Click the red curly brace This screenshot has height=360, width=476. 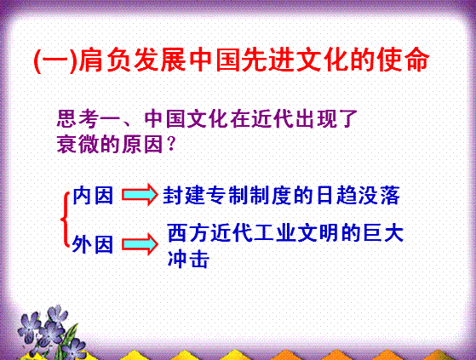point(65,219)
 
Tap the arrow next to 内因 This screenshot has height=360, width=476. point(140,194)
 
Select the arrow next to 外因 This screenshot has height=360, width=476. point(140,244)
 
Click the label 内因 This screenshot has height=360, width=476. point(93,195)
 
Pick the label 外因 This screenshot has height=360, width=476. point(93,244)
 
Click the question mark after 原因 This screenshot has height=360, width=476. point(171,145)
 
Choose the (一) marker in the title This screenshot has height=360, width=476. point(55,60)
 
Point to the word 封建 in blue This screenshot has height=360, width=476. point(185,195)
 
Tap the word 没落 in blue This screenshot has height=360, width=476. point(379,195)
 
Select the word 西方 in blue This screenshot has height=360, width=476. point(188,232)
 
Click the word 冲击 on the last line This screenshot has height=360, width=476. point(188,259)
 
